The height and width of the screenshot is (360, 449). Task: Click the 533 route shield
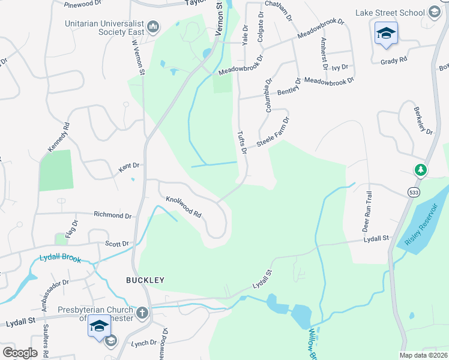click(x=412, y=192)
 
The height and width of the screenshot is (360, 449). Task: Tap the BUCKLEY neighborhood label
click(x=145, y=280)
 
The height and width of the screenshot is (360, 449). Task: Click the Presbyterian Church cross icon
click(x=142, y=312)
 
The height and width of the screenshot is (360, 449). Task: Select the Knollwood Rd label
click(x=183, y=205)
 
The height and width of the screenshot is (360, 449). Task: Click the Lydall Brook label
click(x=59, y=258)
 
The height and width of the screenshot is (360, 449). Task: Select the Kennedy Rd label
click(x=59, y=137)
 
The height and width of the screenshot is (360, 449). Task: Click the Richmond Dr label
click(x=112, y=214)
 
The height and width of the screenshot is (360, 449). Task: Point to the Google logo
click(x=20, y=353)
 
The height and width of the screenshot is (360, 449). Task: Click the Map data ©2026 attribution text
click(x=423, y=355)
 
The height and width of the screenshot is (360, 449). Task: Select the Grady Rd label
click(x=394, y=60)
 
